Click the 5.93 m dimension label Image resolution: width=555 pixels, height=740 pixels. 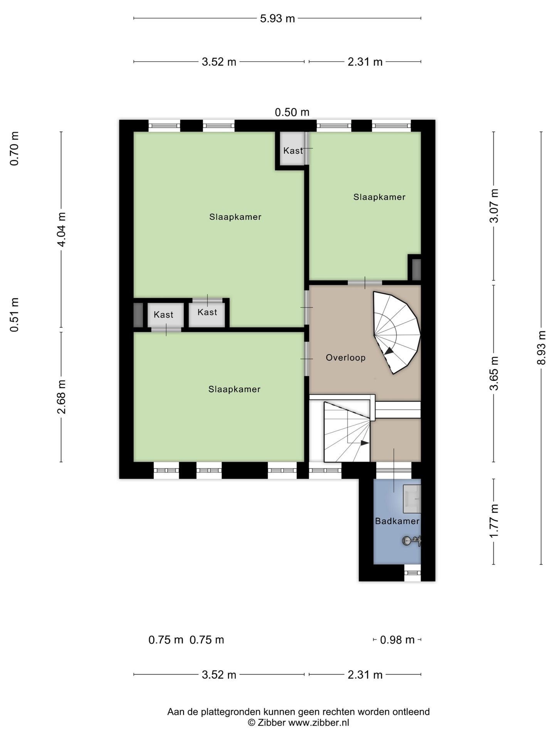(x=277, y=18)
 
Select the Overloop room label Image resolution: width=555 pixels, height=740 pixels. (x=345, y=358)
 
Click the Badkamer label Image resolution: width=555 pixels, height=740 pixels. (x=397, y=521)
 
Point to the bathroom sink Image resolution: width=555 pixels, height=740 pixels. (x=412, y=499)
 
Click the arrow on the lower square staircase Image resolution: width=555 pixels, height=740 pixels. (x=364, y=443)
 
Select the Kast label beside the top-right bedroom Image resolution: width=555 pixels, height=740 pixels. (x=293, y=150)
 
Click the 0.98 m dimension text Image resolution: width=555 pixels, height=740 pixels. (x=397, y=640)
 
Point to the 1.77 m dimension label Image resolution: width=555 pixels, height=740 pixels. (x=494, y=521)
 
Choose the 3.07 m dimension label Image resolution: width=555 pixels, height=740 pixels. (x=494, y=206)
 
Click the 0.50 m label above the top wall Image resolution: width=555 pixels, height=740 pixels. (x=292, y=112)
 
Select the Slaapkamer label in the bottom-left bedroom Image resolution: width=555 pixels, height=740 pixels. (x=234, y=389)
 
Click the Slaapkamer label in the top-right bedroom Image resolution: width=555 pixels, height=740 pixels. (x=379, y=197)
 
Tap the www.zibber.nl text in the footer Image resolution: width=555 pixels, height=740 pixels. (x=319, y=723)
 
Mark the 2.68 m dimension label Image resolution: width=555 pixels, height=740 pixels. (x=62, y=397)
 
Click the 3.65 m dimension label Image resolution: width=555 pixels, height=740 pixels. (x=494, y=373)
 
